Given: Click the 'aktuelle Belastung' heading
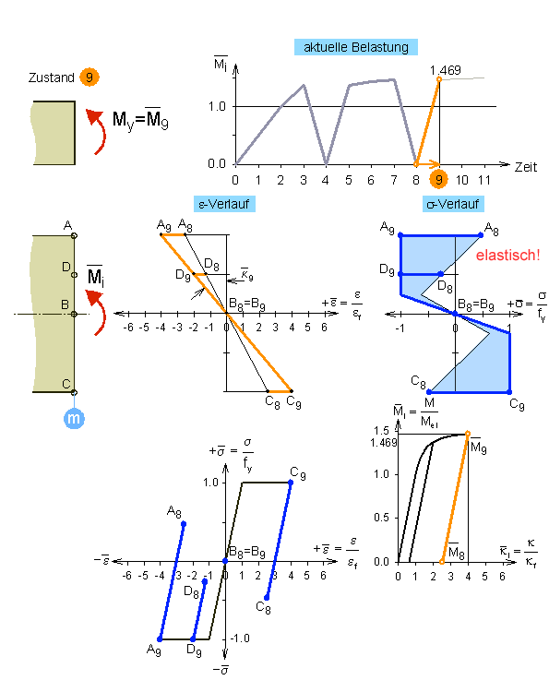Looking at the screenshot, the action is [356, 47].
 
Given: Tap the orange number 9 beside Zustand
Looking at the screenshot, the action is [90, 78].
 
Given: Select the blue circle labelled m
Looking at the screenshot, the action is [74, 418].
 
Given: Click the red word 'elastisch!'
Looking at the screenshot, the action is [508, 255].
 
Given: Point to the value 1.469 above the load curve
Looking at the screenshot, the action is [446, 70].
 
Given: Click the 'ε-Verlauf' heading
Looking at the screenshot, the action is [224, 204].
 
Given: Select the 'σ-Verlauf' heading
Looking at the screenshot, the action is [453, 204].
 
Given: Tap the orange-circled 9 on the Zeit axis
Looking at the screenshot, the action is [438, 180].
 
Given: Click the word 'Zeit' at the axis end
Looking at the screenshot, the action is [526, 167].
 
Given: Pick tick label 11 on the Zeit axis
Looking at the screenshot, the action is [484, 180].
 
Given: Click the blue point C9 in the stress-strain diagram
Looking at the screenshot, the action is [291, 483].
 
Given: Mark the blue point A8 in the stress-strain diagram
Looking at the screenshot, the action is [184, 524].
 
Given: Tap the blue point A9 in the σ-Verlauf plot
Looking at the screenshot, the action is [400, 235].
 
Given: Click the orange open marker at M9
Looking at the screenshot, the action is [468, 434].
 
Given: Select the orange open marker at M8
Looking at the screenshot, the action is [442, 561].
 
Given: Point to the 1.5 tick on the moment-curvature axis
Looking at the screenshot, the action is [381, 430].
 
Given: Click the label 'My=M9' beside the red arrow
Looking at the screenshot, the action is [140, 119].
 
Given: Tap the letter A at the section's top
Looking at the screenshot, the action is [67, 226].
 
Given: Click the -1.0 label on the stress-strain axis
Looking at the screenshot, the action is [240, 638].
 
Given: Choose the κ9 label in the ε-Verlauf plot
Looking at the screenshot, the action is [246, 275].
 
